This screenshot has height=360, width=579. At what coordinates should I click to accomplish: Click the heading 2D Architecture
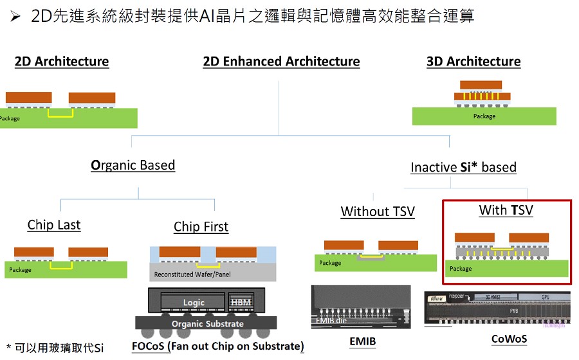coord(62,62)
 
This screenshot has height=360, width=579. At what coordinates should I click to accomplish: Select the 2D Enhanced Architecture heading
coord(281,62)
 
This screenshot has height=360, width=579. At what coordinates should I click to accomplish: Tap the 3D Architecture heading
coord(473,62)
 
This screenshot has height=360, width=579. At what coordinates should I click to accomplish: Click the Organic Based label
coord(133,165)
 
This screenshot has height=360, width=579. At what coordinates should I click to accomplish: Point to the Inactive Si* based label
coord(463,167)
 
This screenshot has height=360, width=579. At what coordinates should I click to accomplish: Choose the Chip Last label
coord(54,225)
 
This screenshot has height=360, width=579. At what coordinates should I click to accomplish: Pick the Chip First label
coord(201,227)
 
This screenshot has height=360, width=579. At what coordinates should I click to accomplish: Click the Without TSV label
coord(378,212)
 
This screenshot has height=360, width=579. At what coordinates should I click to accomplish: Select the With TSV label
coord(506,210)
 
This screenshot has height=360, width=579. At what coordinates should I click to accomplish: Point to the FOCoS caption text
coord(217,346)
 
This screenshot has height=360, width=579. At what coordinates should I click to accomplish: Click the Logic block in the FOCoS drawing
coord(194,303)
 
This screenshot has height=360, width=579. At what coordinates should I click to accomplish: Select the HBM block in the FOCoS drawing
coord(241,303)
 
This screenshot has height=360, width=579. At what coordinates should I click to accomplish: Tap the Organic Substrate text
coord(207,324)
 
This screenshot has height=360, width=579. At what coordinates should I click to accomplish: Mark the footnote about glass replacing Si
coord(55,348)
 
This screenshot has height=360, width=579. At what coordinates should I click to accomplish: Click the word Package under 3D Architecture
coord(484,116)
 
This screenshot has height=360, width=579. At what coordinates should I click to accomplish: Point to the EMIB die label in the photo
coord(332,319)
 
